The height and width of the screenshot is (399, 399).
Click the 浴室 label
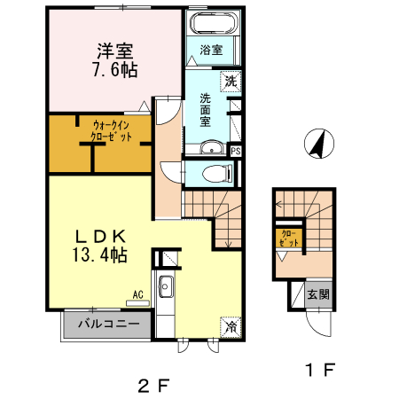pos(209,50)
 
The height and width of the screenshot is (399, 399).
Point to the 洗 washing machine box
pos(231,82)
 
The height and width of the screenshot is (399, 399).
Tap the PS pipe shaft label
pos(235,151)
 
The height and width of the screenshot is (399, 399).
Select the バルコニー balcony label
pos(107,324)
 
